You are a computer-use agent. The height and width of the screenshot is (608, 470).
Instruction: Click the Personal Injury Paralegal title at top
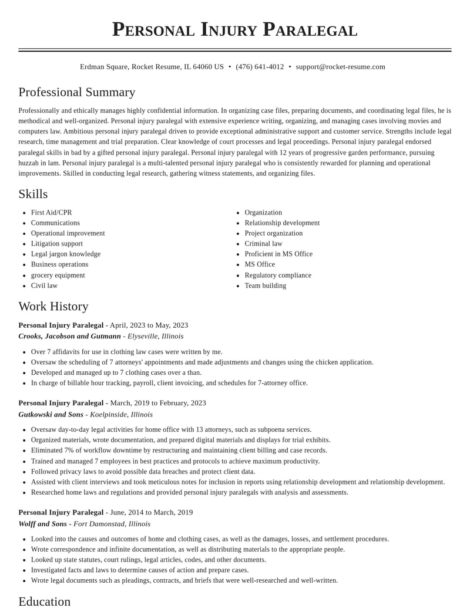235,29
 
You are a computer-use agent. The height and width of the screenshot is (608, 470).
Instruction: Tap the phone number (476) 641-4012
260,67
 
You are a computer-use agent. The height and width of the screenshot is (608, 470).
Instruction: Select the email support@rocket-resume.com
340,67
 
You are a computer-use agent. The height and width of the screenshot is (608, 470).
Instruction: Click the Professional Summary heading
77,92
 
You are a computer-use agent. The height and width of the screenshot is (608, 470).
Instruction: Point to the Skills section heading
33,194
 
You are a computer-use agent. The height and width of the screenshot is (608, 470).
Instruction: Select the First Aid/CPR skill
52,213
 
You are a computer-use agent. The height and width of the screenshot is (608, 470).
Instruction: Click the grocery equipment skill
58,275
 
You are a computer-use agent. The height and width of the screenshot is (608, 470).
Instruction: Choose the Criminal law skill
263,244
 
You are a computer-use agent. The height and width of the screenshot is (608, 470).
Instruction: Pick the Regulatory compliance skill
278,275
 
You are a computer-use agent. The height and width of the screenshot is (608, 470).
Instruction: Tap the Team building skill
266,285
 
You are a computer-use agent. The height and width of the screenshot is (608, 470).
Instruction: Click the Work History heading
53,306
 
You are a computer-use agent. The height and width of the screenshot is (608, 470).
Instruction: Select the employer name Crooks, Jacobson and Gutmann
69,336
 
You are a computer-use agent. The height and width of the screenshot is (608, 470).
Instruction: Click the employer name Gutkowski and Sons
51,414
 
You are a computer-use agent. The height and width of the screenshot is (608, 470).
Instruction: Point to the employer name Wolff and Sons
42,523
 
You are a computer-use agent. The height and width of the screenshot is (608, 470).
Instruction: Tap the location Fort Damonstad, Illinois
112,523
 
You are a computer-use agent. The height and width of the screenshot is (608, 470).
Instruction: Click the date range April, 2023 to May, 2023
149,325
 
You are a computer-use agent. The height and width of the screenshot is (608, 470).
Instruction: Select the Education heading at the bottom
45,601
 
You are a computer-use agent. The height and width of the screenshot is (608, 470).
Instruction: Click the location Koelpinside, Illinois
121,414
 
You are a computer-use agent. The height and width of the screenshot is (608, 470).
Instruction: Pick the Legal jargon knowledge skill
66,254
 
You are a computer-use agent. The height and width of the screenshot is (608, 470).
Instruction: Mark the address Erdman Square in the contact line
104,67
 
